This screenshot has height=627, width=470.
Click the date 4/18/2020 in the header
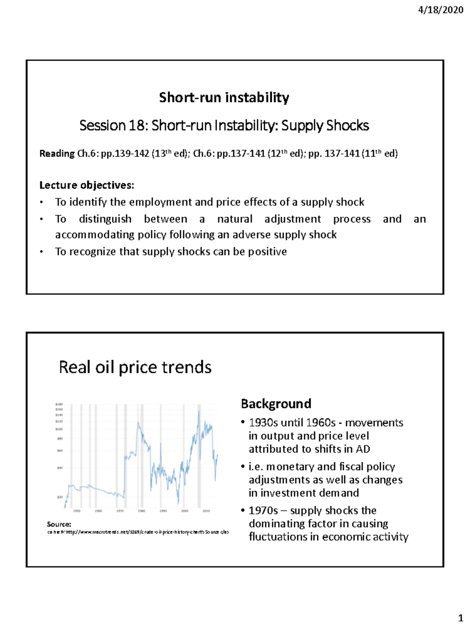click(441, 10)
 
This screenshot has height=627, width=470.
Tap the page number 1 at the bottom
click(461, 618)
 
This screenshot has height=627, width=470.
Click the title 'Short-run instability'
click(224, 97)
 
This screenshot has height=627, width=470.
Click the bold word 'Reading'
click(57, 153)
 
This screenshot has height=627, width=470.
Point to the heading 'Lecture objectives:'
click(87, 185)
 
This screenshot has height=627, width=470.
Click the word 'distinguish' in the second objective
click(105, 219)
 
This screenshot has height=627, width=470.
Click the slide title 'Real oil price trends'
click(135, 368)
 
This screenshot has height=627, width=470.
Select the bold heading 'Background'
click(276, 404)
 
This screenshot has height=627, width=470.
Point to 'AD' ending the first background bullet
click(363, 449)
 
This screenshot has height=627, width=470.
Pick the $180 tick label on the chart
click(59, 404)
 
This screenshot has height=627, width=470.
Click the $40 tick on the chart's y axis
click(60, 468)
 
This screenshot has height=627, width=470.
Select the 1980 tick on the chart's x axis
click(141, 511)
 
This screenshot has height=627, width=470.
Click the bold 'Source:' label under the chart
click(59, 524)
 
